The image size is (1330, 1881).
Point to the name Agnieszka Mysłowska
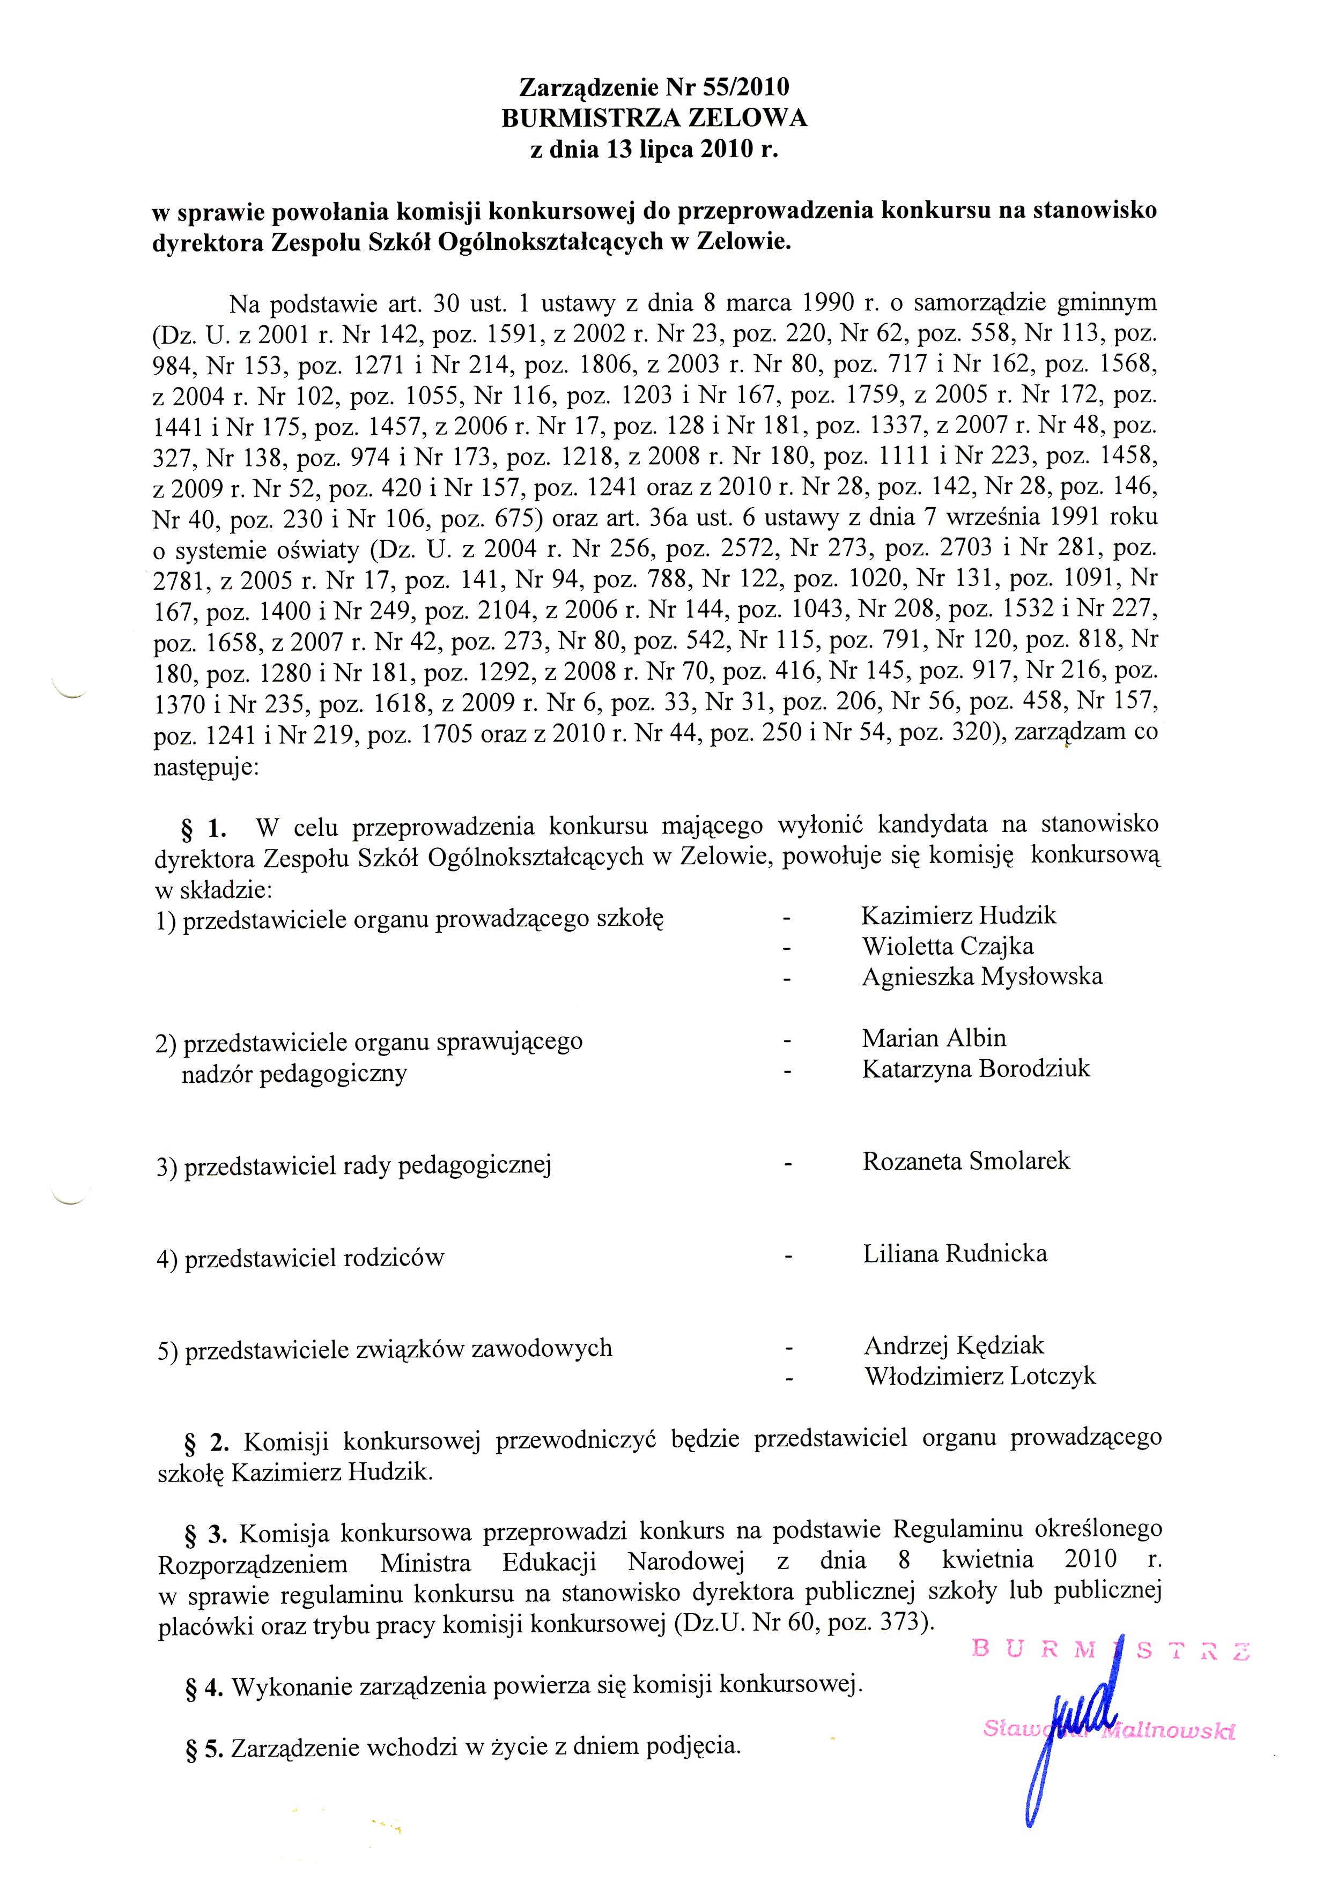pyautogui.click(x=982, y=977)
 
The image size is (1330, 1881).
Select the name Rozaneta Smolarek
pyautogui.click(x=966, y=1161)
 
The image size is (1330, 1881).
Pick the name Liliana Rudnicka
pyautogui.click(x=955, y=1253)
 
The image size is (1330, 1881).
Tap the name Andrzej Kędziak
pyautogui.click(x=954, y=1345)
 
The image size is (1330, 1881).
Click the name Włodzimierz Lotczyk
pyautogui.click(x=980, y=1377)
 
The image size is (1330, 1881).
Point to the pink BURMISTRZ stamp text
pyautogui.click(x=1110, y=1649)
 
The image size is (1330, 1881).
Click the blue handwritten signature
pyautogui.click(x=1074, y=1729)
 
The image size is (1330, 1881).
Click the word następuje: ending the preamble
pyautogui.click(x=206, y=770)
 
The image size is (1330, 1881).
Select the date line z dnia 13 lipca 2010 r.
pyautogui.click(x=654, y=150)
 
